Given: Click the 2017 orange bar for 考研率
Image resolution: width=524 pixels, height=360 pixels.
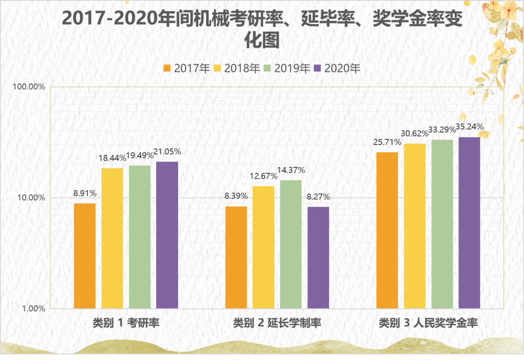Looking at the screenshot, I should tap(84, 256).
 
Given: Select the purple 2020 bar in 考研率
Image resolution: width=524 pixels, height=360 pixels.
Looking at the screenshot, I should tap(167, 235).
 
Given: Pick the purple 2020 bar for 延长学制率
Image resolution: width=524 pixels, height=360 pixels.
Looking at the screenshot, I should tap(318, 258).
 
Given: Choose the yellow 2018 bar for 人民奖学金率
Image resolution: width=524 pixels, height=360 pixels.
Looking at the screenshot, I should tap(415, 226).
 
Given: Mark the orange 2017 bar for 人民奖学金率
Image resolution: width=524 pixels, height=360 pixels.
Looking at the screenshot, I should tap(387, 230).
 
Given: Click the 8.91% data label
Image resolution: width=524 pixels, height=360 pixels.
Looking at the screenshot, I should tap(85, 193).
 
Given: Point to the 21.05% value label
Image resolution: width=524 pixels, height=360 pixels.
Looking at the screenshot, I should tap(167, 152).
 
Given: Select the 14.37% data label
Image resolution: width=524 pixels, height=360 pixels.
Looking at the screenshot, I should tap(291, 170).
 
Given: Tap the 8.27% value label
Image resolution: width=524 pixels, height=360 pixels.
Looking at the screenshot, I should tap(319, 197).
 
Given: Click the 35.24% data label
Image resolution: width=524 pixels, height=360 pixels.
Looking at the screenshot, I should tap(470, 127).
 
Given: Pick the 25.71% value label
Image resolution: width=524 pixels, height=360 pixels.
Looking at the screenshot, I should tap(387, 142).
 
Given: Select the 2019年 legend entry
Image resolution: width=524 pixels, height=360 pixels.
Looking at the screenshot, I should tap(287, 68).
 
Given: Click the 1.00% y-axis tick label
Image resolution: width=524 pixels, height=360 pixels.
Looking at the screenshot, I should tap(34, 309).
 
